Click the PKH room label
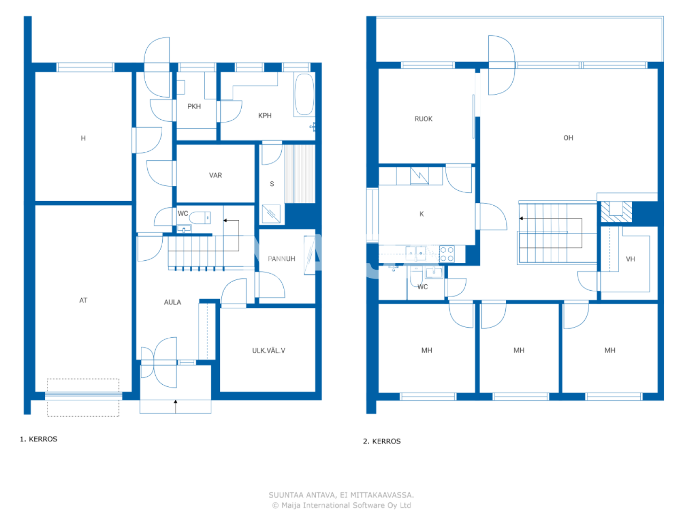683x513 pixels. coord(194,106)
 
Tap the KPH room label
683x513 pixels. coord(265,115)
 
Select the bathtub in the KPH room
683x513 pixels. coord(304,94)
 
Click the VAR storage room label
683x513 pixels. coord(216,175)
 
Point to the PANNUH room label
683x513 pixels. coord(281,259)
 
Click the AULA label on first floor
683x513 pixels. coord(172,302)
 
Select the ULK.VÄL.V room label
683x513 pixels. coord(268,351)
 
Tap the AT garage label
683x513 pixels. coord(83,300)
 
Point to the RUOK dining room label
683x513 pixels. coord(423,119)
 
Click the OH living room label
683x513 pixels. coord(568,138)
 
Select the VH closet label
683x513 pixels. coord(630,259)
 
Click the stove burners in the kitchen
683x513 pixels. coord(447,254)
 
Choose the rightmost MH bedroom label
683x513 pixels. coord(610,350)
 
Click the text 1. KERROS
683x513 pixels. coord(38,439)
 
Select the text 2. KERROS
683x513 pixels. coord(382,441)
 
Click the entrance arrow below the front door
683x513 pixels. coord(176,406)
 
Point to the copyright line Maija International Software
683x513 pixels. coord(341,505)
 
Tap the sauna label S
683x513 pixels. coord(272,184)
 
